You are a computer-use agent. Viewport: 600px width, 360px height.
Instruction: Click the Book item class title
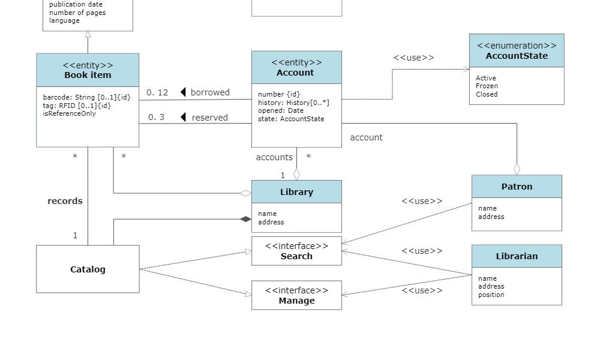[x=88, y=75]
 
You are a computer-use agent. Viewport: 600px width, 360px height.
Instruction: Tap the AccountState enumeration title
[x=517, y=56]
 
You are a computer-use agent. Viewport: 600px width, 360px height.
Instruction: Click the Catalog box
[x=88, y=269]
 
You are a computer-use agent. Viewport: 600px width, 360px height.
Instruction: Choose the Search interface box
[x=296, y=251]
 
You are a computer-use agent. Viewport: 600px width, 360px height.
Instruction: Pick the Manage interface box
[x=296, y=296]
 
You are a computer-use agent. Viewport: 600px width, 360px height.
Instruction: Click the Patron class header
[x=517, y=187]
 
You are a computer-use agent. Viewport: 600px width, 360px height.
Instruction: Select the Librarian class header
[x=517, y=256]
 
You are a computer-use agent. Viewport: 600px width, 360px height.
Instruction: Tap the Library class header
[x=296, y=192]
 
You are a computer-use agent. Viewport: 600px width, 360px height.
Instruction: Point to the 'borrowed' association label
[x=210, y=92]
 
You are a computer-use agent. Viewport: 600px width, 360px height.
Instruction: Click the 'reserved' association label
[x=209, y=118]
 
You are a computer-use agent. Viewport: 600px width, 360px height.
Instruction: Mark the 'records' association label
[x=65, y=201]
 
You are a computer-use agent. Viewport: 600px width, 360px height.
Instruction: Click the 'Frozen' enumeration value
[x=487, y=86]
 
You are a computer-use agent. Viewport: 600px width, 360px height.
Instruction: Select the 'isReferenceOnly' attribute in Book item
[x=69, y=113]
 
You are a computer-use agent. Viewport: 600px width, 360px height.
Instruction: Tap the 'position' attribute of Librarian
[x=491, y=295]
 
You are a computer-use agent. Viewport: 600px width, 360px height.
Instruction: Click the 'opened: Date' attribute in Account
[x=280, y=110]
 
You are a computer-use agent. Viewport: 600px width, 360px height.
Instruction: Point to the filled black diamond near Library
[x=245, y=219]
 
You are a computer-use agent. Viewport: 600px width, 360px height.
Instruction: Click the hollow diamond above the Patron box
[x=517, y=169]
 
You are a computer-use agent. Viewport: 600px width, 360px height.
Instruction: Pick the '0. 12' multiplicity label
[x=157, y=92]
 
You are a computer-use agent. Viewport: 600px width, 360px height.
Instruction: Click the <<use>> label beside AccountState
[x=413, y=58]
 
